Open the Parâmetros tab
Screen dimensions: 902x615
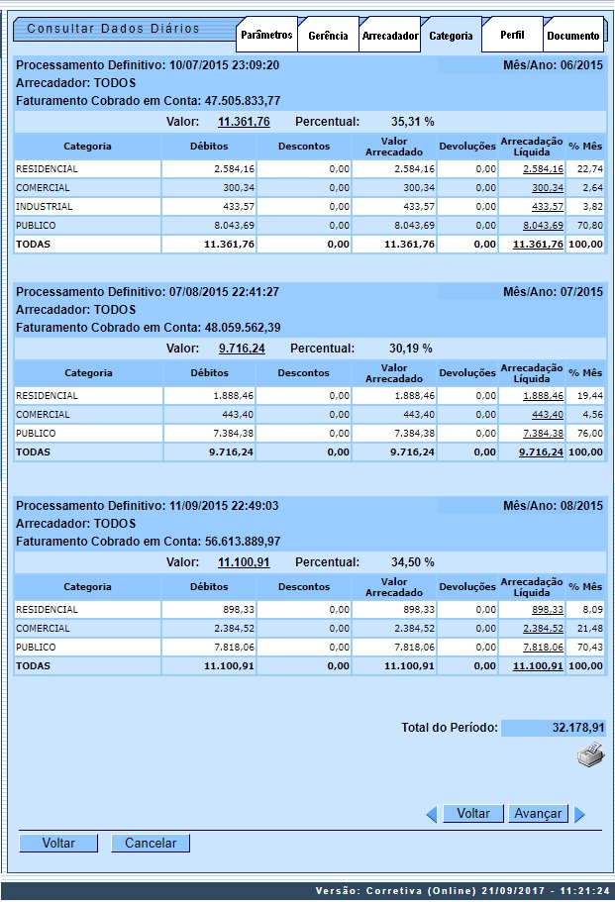[266, 35]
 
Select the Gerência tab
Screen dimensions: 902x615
[328, 36]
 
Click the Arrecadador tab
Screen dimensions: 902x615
[389, 36]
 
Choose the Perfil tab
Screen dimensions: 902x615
[512, 35]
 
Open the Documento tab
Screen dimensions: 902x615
[572, 36]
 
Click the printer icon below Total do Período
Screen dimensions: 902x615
[590, 755]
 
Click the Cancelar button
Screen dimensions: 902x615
[151, 843]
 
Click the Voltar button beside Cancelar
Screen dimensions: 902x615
[58, 843]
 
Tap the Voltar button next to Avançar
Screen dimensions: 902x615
[473, 813]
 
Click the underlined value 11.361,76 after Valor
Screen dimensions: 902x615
[244, 122]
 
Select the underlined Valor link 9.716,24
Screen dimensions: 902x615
[242, 349]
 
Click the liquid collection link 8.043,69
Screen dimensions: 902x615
[540, 225]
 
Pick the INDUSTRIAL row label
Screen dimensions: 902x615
[45, 207]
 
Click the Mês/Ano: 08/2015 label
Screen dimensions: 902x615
[553, 506]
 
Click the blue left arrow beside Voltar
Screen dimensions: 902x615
[432, 814]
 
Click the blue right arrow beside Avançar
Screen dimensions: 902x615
[580, 814]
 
